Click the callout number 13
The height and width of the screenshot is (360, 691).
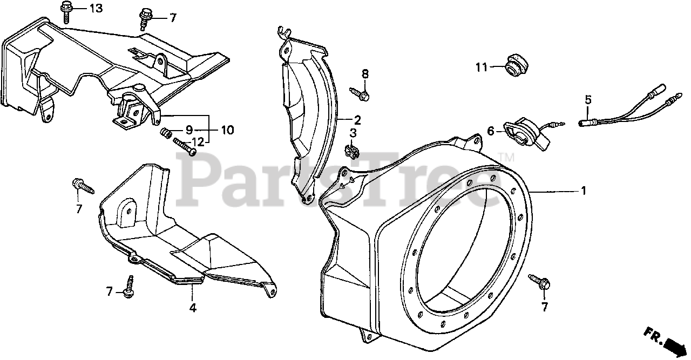click(95, 9)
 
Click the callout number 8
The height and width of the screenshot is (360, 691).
click(365, 74)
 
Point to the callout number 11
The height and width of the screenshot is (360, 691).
click(482, 67)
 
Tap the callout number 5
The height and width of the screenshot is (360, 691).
click(588, 99)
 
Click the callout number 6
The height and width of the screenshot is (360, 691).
click(491, 131)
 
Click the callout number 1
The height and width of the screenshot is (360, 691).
click(582, 191)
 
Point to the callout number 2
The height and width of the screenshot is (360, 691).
click(357, 119)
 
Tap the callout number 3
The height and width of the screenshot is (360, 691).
click(353, 133)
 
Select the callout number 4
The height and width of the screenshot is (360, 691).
click(193, 308)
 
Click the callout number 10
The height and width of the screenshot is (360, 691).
click(227, 130)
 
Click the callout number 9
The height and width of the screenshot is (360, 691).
click(189, 130)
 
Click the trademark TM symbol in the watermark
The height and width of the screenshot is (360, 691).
click(507, 157)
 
